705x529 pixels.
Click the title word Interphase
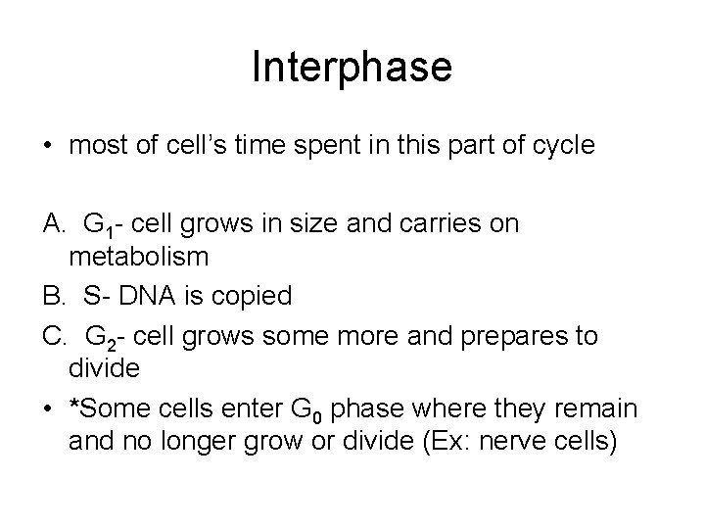pos(352,68)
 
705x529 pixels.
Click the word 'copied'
pos(245,294)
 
